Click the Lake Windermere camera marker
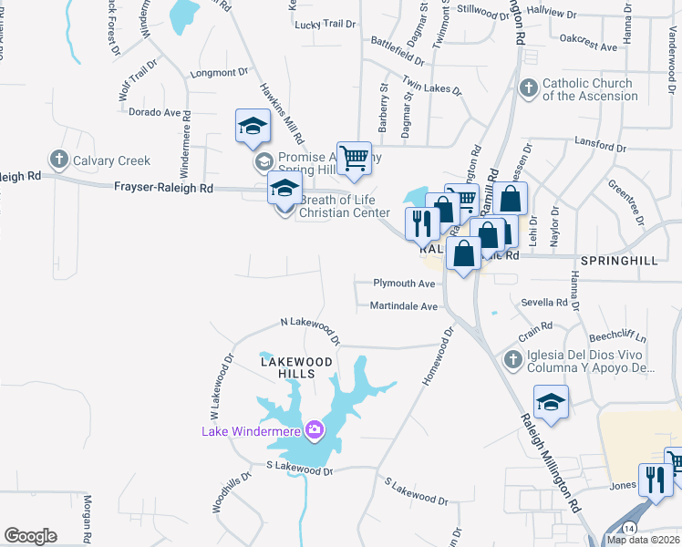(x=315, y=429)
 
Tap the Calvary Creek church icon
(x=60, y=160)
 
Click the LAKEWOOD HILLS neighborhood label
(x=294, y=367)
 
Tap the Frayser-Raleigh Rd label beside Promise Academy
(x=163, y=187)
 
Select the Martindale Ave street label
(x=405, y=306)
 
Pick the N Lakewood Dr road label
(x=310, y=331)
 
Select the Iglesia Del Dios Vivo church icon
(x=513, y=360)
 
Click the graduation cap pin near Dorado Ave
(x=253, y=128)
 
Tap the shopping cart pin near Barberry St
(x=353, y=156)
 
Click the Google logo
(x=30, y=536)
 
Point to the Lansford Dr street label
(x=601, y=147)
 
